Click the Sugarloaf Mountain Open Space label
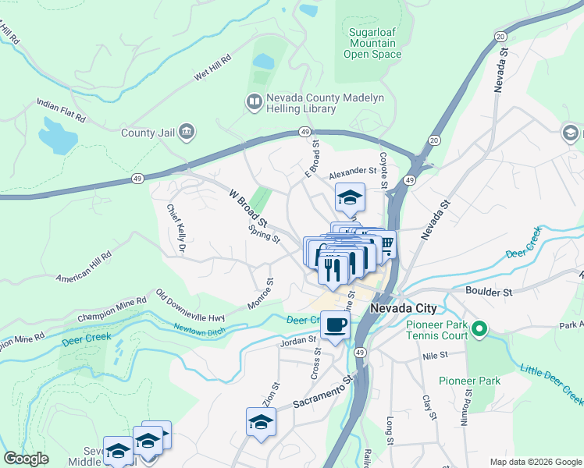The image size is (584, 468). [372, 44]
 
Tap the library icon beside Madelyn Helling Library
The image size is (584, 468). [254, 101]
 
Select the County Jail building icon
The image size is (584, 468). [186, 132]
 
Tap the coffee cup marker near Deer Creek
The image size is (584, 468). [335, 324]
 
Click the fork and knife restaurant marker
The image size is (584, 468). [334, 269]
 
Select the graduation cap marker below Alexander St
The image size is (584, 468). [350, 197]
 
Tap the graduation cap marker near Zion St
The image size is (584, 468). [261, 422]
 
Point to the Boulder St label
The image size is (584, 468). [488, 292]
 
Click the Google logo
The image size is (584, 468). [27, 459]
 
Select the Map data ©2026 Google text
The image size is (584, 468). [535, 461]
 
